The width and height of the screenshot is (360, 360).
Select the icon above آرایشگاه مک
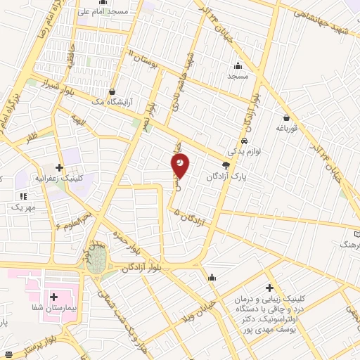point(112,91)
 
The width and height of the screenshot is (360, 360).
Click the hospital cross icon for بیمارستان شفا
point(54,297)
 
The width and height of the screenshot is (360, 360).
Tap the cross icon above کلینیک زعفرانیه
point(60,167)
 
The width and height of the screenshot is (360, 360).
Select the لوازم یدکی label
point(243,151)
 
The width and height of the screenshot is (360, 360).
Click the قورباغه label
point(286,129)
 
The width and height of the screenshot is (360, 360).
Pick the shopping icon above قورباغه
point(286,118)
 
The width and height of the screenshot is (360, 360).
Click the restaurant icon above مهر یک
point(22,197)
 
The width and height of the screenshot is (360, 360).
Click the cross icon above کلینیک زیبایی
point(269,288)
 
